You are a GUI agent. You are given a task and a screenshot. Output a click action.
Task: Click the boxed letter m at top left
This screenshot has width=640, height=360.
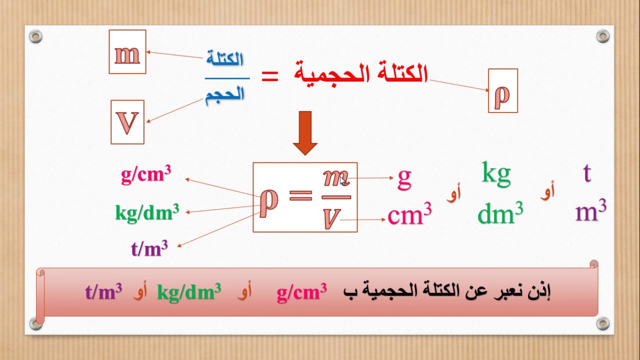tap(127, 52)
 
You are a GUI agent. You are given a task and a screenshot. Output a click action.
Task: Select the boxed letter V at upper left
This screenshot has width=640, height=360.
tap(127, 122)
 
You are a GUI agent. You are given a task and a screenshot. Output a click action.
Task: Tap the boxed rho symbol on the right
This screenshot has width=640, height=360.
tap(502, 91)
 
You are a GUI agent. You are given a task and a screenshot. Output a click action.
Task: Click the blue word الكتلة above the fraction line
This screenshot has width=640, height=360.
tap(225, 59)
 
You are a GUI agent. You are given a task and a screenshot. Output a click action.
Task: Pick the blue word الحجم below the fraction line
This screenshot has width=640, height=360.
tap(225, 93)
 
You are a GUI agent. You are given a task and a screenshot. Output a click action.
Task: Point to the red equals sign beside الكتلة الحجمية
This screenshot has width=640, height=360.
tap(270, 76)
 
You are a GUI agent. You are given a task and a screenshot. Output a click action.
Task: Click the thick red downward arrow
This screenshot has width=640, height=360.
tap(305, 132)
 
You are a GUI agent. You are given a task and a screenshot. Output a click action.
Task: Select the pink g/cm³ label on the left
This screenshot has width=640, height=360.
tap(146, 174)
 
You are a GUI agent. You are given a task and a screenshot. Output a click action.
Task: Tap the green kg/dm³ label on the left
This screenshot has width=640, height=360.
tap(147, 212)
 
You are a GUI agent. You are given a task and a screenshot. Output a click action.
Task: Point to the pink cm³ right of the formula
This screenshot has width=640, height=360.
tap(409, 215)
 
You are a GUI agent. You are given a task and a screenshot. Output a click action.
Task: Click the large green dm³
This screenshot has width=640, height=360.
tap(500, 213)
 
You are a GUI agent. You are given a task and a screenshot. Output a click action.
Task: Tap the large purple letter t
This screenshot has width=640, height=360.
tap(587, 173)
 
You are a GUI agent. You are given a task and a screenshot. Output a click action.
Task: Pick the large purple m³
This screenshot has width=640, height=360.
tap(591, 211)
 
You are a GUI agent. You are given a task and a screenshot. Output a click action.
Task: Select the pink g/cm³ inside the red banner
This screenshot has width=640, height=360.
tap(301, 291)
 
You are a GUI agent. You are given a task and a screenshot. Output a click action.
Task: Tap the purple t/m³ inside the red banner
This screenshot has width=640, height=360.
tap(103, 291)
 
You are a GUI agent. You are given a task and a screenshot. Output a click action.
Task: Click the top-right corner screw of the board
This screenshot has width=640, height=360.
tap(603, 36)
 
